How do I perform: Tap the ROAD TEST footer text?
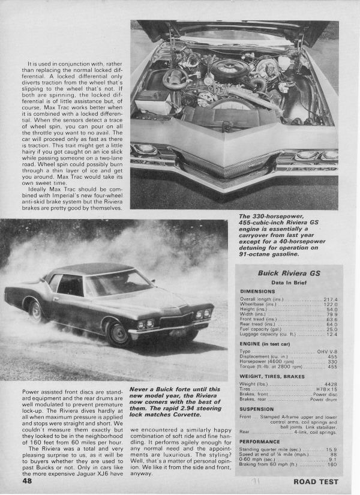[316, 481]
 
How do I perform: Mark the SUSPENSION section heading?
[257, 409]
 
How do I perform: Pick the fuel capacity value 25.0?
[331, 329]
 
